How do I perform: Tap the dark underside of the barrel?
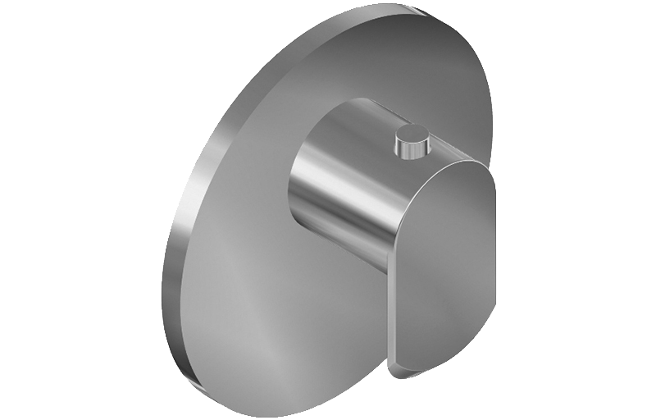coord(353,246)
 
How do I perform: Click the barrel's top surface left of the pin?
coord(361,123)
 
